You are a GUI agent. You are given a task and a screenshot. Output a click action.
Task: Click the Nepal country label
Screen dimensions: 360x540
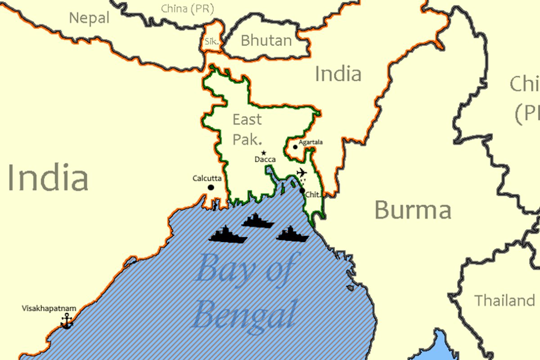click(89, 18)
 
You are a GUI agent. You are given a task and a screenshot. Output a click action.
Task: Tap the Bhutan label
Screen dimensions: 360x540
click(266, 40)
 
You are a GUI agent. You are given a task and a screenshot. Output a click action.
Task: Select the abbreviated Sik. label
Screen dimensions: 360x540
click(211, 41)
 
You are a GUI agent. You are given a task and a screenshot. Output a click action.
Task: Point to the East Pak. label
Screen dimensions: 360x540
click(247, 129)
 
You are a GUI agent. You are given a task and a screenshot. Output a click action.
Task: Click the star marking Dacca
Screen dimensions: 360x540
click(264, 153)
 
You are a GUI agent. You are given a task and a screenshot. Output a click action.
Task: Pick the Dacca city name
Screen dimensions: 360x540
click(265, 160)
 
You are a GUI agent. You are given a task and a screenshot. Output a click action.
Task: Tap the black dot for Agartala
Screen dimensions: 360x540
click(295, 147)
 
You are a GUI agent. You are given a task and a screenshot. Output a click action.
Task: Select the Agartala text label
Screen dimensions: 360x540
click(311, 142)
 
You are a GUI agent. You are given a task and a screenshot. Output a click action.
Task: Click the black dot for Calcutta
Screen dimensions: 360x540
click(211, 187)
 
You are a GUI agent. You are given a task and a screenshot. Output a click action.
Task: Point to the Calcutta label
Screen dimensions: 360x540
click(207, 179)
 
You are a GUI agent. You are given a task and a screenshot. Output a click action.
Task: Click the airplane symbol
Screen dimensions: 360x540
click(301, 172)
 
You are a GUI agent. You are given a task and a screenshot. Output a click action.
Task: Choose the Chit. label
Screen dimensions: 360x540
click(313, 195)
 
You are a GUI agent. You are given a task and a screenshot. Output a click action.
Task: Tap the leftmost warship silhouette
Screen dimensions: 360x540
click(228, 235)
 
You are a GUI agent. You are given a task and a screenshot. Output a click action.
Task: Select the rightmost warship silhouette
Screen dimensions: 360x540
click(292, 234)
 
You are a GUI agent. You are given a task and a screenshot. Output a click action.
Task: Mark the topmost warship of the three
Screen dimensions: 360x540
click(258, 220)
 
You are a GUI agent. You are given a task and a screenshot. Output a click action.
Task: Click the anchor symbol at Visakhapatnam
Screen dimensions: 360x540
click(67, 321)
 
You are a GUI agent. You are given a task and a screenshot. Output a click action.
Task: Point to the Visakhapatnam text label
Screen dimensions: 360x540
click(49, 309)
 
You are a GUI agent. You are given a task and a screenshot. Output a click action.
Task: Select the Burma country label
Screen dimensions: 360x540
click(413, 210)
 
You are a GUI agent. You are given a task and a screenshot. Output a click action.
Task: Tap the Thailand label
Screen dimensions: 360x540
click(505, 300)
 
